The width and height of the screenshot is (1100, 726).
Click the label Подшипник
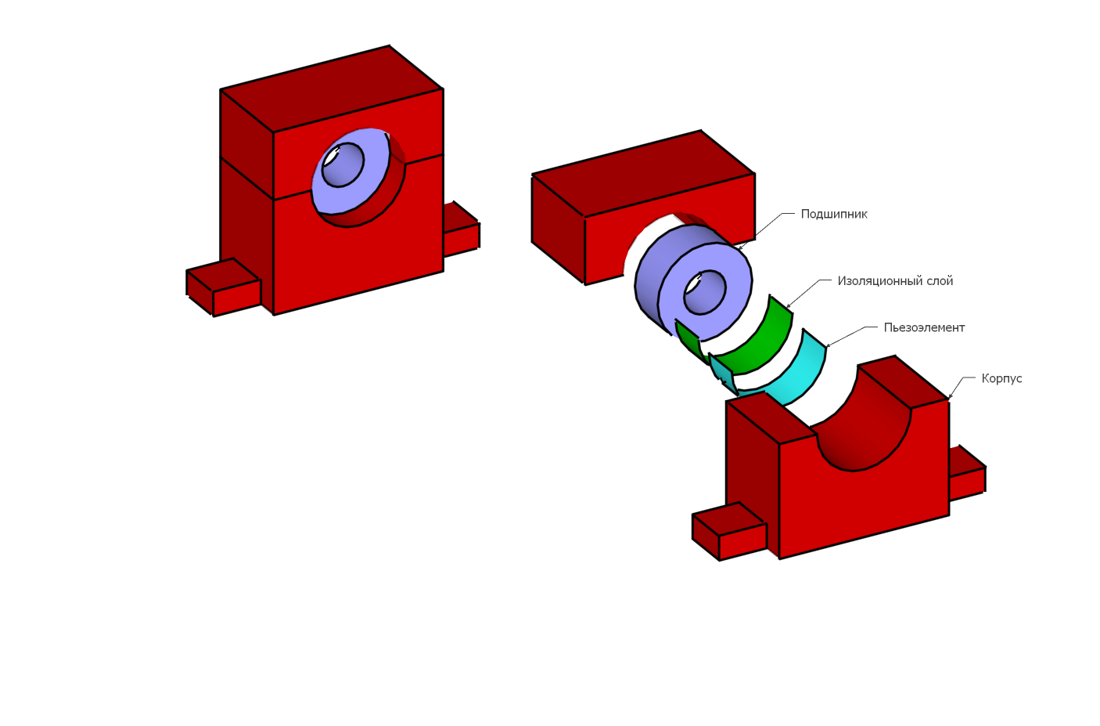pyautogui.click(x=834, y=215)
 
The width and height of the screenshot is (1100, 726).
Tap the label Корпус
pyautogui.click(x=1001, y=378)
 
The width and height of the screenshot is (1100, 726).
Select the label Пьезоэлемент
pyautogui.click(x=924, y=327)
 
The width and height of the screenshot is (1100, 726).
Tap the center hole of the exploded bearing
pyautogui.click(x=705, y=292)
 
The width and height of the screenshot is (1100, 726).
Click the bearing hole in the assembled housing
pyautogui.click(x=343, y=165)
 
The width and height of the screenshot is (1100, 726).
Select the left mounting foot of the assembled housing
pyautogui.click(x=224, y=287)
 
